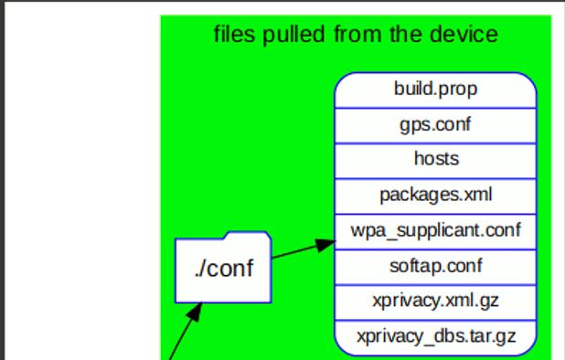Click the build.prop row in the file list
coord(435,90)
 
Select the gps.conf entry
coord(435,124)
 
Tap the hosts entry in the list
coord(435,159)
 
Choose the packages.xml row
coord(435,194)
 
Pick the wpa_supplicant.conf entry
coord(435,229)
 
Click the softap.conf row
coord(435,265)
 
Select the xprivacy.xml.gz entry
coord(435,300)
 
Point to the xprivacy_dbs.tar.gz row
coord(435,335)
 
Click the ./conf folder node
coord(223,270)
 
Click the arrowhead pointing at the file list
coord(325,245)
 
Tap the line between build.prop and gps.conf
coord(435,107)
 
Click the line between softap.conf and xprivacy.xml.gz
coord(435,282)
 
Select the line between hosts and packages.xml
coord(435,176)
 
